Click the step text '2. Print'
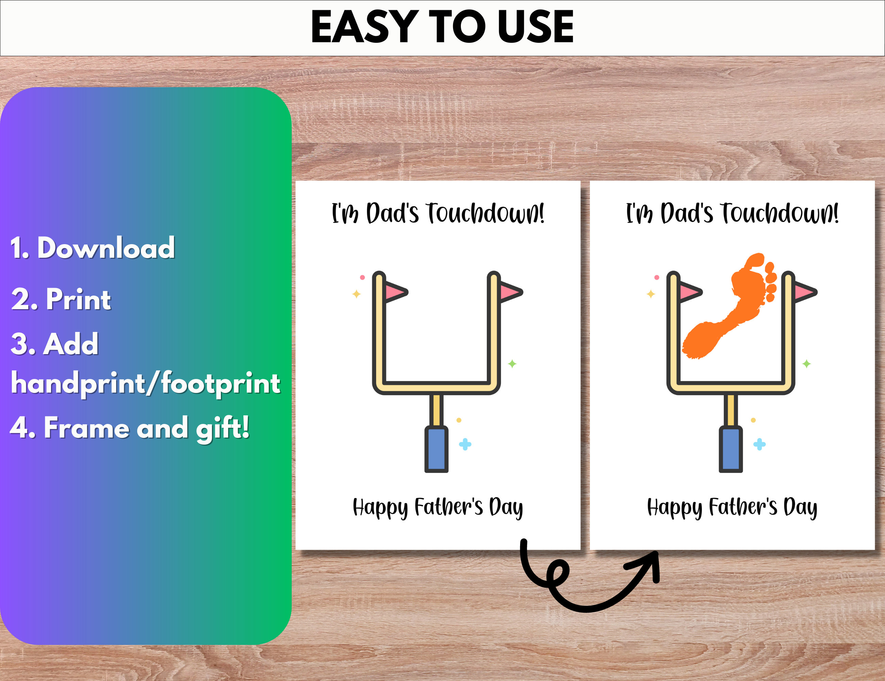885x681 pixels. [61, 299]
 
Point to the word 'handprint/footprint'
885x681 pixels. [145, 383]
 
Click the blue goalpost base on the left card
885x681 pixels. [436, 449]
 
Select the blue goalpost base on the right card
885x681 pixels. [730, 449]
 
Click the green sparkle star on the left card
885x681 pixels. [512, 364]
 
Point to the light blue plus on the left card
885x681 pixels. [465, 444]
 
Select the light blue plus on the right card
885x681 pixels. [759, 444]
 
